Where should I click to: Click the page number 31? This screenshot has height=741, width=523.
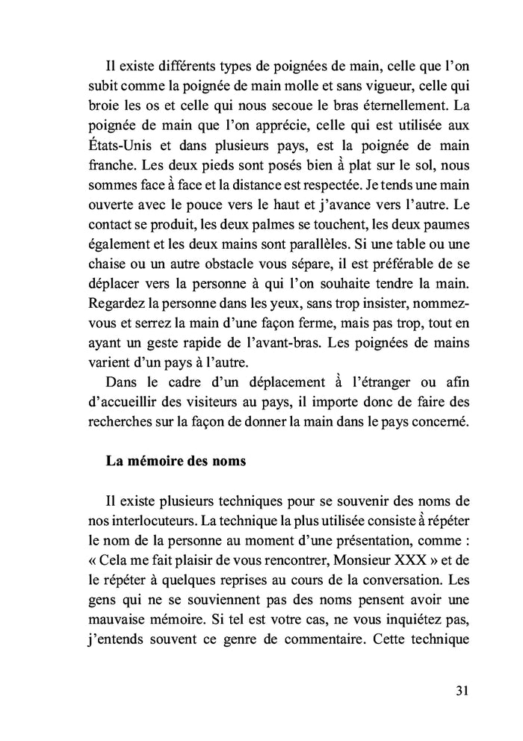pos(461,690)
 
